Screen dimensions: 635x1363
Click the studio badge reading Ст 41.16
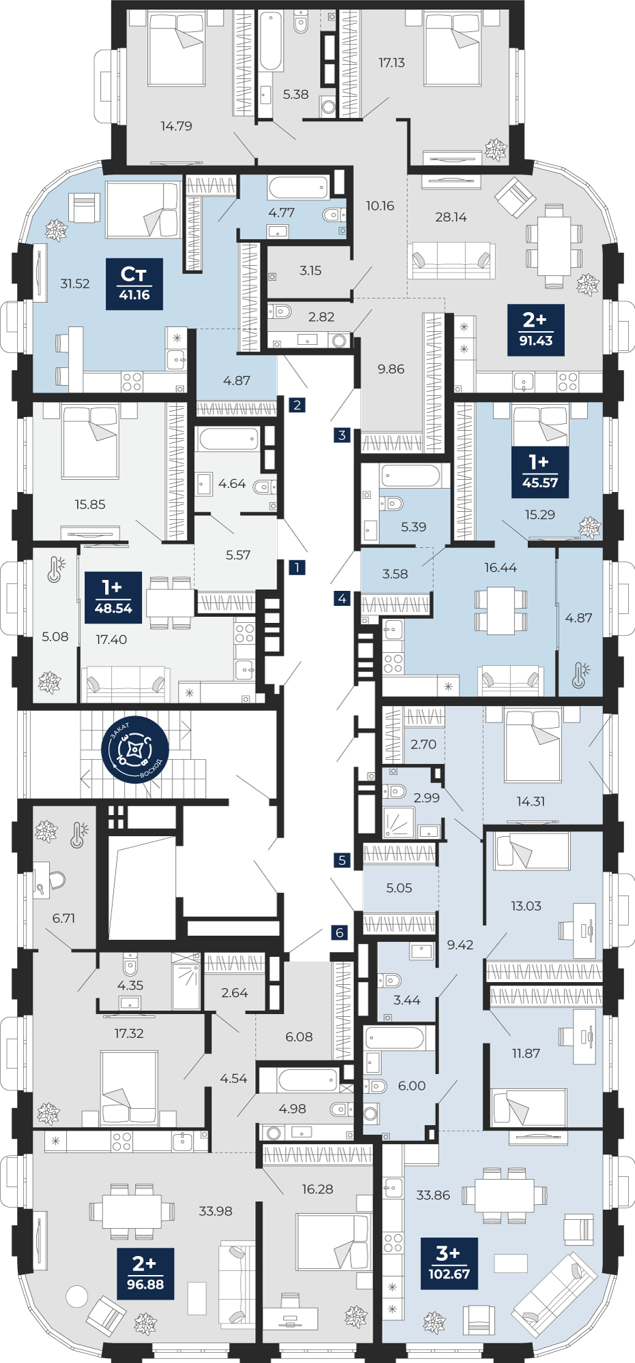click(x=134, y=284)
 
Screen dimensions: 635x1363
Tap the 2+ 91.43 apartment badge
click(x=536, y=330)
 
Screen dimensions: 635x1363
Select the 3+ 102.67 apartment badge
click(x=449, y=1264)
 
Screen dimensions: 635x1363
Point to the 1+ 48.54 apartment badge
click(x=113, y=598)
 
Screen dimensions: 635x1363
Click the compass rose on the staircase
click(x=136, y=750)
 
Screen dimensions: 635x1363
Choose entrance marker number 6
click(x=340, y=933)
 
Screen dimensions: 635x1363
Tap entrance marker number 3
click(x=342, y=435)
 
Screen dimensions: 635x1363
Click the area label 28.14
click(x=451, y=217)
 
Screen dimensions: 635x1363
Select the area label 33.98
click(x=216, y=1211)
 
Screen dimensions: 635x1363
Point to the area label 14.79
click(x=176, y=126)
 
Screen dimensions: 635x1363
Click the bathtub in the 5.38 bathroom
click(x=271, y=42)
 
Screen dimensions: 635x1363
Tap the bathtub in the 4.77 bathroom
click(x=298, y=187)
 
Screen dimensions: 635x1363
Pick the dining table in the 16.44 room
click(x=501, y=610)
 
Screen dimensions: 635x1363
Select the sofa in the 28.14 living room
click(x=452, y=260)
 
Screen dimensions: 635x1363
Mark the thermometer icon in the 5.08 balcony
click(x=56, y=570)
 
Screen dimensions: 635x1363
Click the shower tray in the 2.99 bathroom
click(x=398, y=823)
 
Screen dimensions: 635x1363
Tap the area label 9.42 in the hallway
click(x=460, y=945)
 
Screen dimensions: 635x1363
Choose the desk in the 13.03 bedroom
click(x=585, y=931)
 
